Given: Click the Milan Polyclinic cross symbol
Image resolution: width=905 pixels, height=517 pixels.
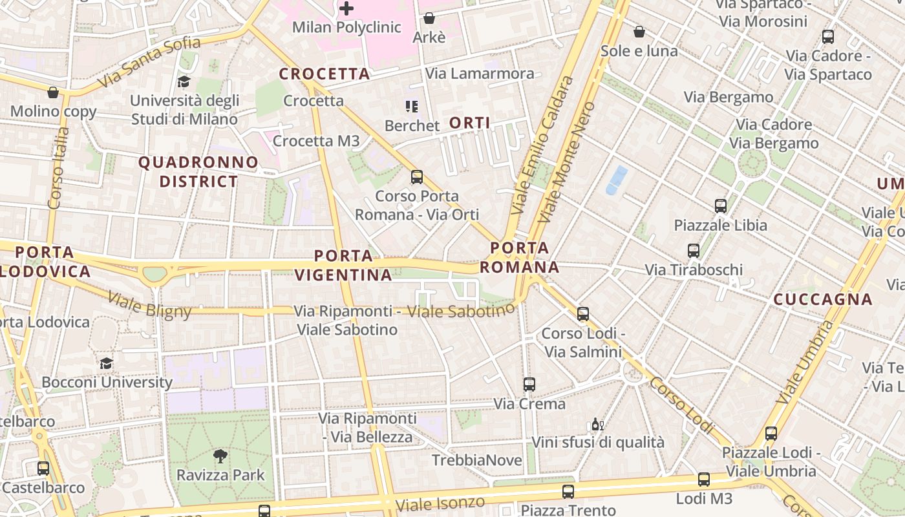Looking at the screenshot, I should (347, 8).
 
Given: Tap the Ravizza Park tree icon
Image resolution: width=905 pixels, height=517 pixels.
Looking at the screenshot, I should (220, 456).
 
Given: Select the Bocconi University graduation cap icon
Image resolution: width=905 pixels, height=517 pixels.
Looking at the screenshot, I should (107, 363).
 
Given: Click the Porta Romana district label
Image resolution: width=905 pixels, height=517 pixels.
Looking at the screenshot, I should (520, 257).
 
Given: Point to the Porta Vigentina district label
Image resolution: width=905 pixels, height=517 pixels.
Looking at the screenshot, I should (343, 265).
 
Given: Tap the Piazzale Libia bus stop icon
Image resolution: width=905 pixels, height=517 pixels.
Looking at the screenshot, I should (721, 206).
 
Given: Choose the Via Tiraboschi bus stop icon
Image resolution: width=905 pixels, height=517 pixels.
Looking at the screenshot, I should (694, 251).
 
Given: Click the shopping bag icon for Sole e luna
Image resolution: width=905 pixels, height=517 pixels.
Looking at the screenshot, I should (639, 32).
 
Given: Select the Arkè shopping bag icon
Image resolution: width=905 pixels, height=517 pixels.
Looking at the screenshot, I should (429, 18).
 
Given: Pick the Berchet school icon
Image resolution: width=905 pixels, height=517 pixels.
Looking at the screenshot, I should (412, 106).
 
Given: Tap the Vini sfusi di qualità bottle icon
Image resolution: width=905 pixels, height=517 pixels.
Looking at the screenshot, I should (597, 425).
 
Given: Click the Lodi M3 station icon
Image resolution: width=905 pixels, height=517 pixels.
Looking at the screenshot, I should (704, 480).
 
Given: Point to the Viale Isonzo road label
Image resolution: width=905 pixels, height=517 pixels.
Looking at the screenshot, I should (440, 503).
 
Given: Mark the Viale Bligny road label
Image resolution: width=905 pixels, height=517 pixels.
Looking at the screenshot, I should (149, 305).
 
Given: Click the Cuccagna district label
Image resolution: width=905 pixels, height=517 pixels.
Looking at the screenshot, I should (823, 299).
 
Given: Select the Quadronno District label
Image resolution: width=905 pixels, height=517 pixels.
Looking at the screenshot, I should (198, 172).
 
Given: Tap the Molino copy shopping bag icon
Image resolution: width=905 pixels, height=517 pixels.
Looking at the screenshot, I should (53, 92).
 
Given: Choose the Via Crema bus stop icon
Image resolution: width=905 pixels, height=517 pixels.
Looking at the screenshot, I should (529, 385).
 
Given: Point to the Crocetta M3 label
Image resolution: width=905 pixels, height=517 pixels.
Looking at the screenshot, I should (316, 141).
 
